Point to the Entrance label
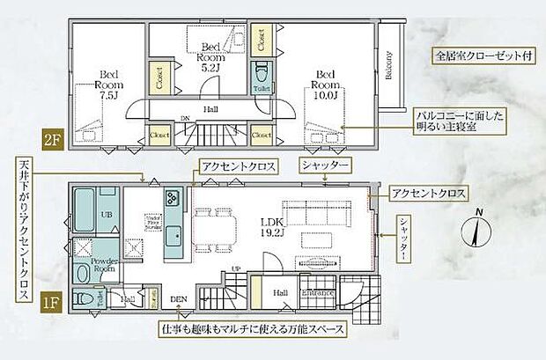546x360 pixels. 316,293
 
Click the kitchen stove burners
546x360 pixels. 173,195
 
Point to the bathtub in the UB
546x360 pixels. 84,212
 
